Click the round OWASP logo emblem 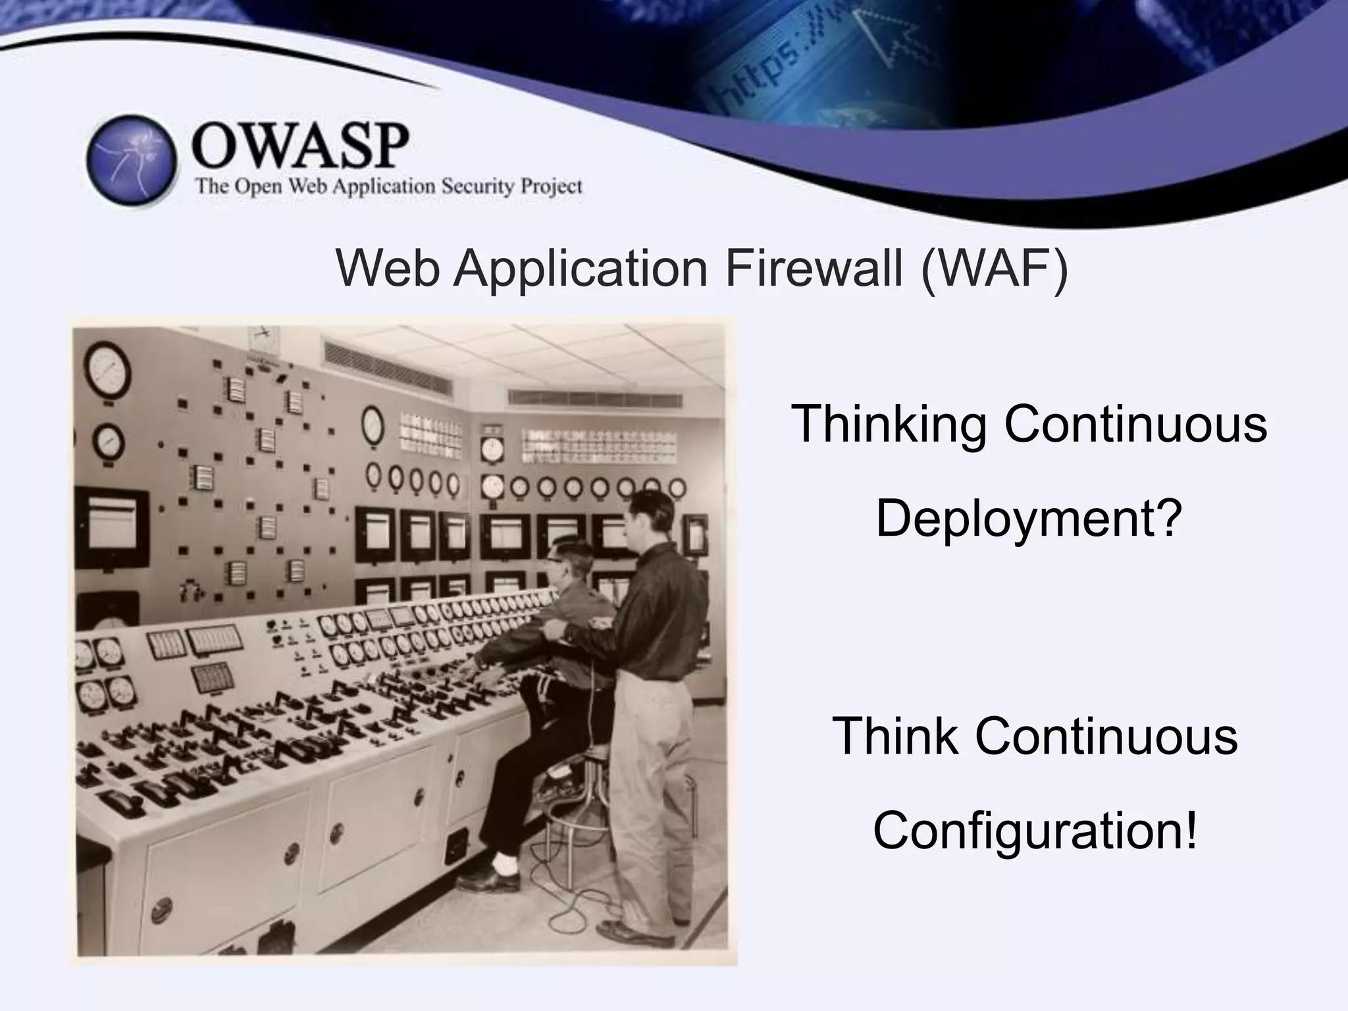tap(132, 161)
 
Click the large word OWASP tap(299, 146)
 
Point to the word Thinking tap(889, 425)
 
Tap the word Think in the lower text tap(894, 737)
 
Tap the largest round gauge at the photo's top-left tap(108, 369)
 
